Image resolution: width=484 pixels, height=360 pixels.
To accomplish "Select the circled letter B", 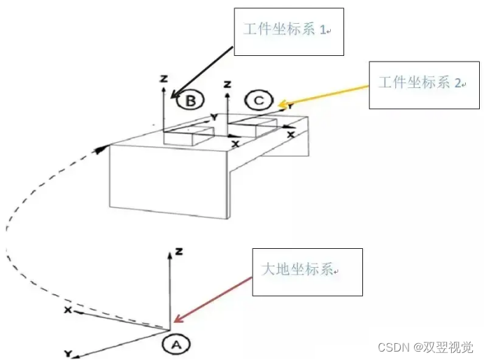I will (x=189, y=102).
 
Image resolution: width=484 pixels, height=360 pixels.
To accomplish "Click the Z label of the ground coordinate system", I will (x=180, y=250).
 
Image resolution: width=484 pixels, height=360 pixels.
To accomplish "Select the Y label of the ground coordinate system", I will (x=68, y=353).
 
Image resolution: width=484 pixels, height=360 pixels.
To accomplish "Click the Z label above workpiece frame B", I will (x=163, y=79).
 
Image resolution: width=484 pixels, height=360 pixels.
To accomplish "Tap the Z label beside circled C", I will (x=227, y=84).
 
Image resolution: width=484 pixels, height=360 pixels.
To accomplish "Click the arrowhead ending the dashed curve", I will (x=104, y=147).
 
